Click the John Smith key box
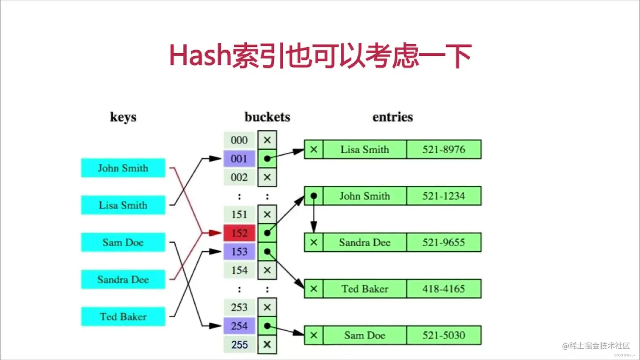pyautogui.click(x=123, y=168)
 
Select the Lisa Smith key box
pyautogui.click(x=123, y=205)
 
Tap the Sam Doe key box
pyautogui.click(x=123, y=242)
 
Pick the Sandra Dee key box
pyautogui.click(x=123, y=280)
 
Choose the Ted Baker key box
pyautogui.click(x=123, y=317)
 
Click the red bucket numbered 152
pyautogui.click(x=239, y=233)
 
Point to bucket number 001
pyautogui.click(x=239, y=159)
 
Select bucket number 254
pyautogui.click(x=239, y=326)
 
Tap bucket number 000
pyautogui.click(x=239, y=140)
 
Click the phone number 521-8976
pyautogui.click(x=444, y=149)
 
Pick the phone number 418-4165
pyautogui.click(x=444, y=289)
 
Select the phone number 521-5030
pyautogui.click(x=444, y=335)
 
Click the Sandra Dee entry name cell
pyautogui.click(x=364, y=242)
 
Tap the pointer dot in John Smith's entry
pyautogui.click(x=314, y=196)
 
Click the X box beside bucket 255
pyautogui.click(x=267, y=344)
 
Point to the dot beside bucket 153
pyautogui.click(x=267, y=252)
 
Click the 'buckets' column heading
pyautogui.click(x=267, y=117)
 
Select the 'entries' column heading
pyautogui.click(x=392, y=117)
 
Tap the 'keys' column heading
pyautogui.click(x=123, y=117)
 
